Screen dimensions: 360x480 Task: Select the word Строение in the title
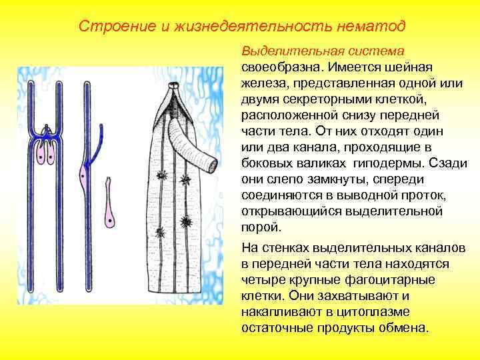click(x=106, y=26)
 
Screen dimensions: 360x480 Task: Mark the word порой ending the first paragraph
click(x=257, y=227)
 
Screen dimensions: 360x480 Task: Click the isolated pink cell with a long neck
click(x=109, y=212)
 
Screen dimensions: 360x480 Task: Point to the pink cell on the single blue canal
click(x=82, y=178)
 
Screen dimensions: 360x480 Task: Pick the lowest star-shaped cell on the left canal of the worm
click(x=159, y=231)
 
